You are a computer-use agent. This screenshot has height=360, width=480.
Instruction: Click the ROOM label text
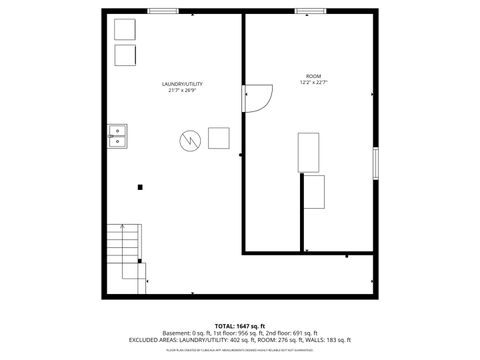[313, 76]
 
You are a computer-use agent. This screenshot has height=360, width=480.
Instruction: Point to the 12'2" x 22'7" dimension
[313, 83]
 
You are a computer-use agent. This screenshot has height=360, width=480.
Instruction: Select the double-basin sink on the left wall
[117, 135]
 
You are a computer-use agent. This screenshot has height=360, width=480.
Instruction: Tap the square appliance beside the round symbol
[218, 138]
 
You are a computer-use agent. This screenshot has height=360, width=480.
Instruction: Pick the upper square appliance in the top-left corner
[125, 29]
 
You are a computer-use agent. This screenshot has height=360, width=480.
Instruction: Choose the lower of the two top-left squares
[125, 54]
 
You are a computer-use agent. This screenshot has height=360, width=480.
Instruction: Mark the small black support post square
[140, 186]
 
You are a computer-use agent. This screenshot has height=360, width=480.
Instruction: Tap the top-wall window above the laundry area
[163, 11]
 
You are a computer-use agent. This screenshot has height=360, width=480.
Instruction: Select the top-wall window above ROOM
[310, 11]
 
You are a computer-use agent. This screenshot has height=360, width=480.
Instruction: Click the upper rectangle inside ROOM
[309, 151]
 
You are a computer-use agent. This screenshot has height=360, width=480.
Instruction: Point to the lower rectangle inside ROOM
[315, 191]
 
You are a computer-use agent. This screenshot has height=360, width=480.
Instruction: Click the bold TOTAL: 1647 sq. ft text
[239, 326]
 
